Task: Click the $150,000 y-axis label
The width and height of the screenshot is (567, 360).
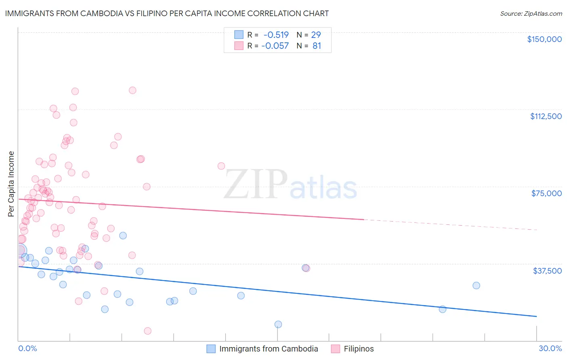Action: [x=544, y=39]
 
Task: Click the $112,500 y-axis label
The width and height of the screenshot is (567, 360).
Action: [x=546, y=116]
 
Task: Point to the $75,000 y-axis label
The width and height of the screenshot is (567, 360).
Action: [x=546, y=193]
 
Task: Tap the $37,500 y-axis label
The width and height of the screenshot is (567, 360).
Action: [x=547, y=270]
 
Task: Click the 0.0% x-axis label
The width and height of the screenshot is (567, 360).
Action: [x=27, y=348]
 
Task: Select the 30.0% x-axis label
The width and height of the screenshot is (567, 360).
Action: [x=550, y=348]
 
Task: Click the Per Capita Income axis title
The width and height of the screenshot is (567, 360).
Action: [x=11, y=184]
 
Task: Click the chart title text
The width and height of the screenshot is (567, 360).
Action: [x=167, y=13]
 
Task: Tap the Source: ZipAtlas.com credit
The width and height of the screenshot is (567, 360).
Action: [x=531, y=13]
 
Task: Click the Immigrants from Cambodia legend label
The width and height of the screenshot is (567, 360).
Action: [x=268, y=349]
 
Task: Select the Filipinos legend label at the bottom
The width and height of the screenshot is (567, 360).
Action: [x=359, y=349]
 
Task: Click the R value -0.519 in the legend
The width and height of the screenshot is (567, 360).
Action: [x=276, y=35]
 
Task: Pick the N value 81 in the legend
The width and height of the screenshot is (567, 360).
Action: [x=317, y=46]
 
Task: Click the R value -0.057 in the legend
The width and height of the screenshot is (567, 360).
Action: [x=275, y=46]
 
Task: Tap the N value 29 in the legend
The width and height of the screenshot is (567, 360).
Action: [x=316, y=35]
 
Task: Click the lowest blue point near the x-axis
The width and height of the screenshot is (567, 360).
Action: [x=278, y=324]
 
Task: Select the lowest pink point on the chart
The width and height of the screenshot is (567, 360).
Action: [x=148, y=331]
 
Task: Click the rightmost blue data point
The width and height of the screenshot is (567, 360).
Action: [x=476, y=285]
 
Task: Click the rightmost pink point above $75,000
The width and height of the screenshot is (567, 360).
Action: [x=221, y=166]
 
